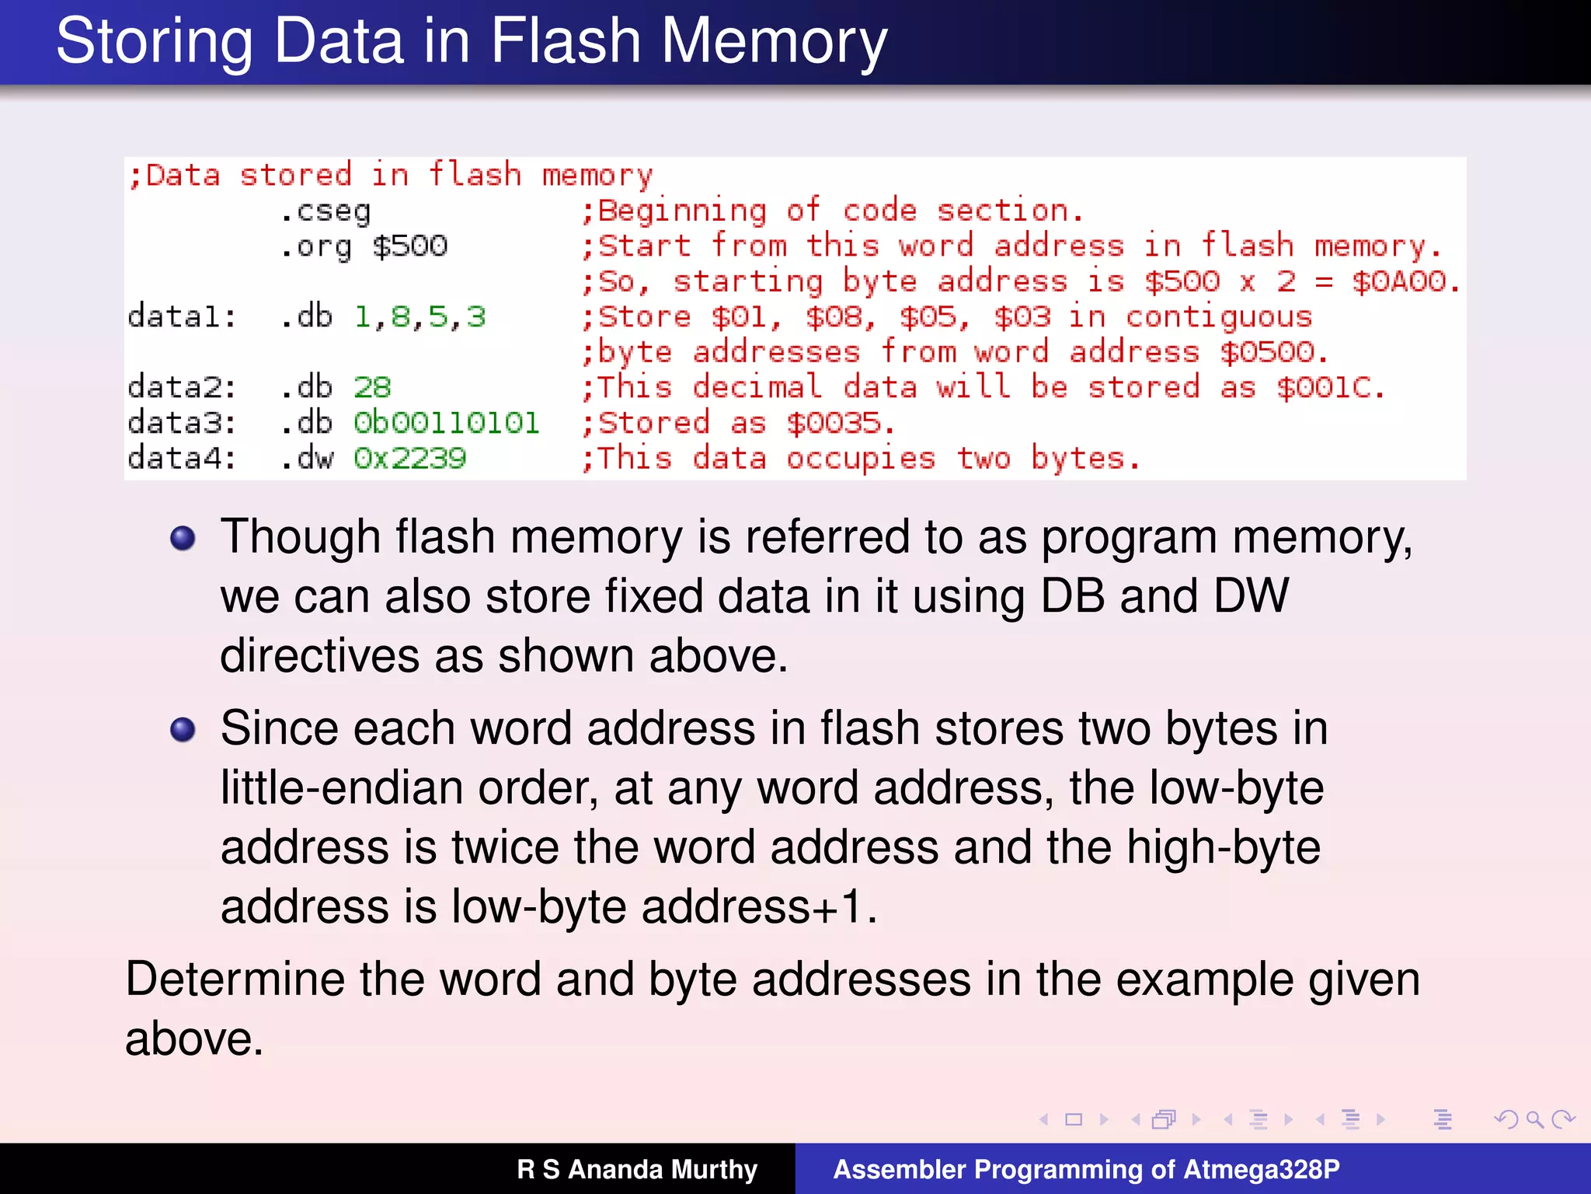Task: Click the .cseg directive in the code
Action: [326, 211]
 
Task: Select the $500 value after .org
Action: [409, 246]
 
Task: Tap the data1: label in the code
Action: [182, 316]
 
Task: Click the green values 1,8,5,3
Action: [420, 316]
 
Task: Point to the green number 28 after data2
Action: [372, 387]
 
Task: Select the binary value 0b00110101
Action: [446, 423]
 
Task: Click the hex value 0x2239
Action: [409, 458]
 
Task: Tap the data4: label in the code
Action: [182, 458]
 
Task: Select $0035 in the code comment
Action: [834, 423]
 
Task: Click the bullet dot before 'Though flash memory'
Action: [183, 538]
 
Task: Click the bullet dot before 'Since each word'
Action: [183, 729]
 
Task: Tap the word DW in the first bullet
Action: [1251, 596]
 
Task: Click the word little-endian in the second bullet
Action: [340, 787]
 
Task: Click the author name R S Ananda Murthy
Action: [637, 1169]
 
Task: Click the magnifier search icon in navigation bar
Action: [1534, 1119]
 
